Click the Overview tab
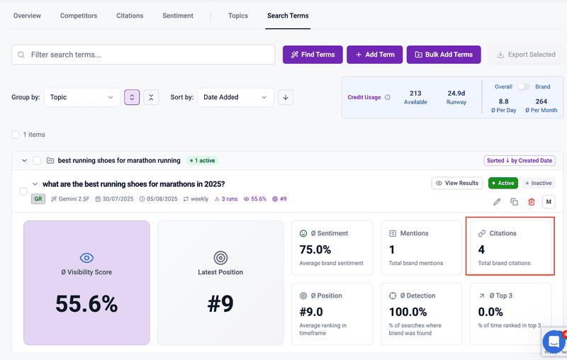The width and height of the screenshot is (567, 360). tap(27, 16)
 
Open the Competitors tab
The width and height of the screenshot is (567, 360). tap(79, 16)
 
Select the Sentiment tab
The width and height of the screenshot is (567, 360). tap(177, 16)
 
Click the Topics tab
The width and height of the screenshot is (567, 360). tap(238, 16)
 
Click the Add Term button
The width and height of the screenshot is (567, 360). tap(375, 55)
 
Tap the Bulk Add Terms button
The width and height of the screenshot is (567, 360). tap(444, 55)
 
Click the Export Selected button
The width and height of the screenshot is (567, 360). tap(526, 55)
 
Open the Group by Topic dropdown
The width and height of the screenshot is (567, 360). tap(82, 97)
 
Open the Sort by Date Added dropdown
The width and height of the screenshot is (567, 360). tap(235, 97)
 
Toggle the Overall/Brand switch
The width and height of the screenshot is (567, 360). tap(523, 86)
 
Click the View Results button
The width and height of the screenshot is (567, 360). tap(457, 183)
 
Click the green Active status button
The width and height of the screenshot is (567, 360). tap(503, 183)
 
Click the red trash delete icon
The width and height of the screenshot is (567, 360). tap(532, 202)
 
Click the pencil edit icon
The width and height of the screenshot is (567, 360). tap(497, 202)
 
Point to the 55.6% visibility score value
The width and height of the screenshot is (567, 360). tap(86, 304)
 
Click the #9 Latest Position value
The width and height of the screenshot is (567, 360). tap(220, 304)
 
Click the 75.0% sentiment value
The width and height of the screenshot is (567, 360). tap(316, 249)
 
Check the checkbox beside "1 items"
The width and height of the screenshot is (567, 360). tap(16, 134)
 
